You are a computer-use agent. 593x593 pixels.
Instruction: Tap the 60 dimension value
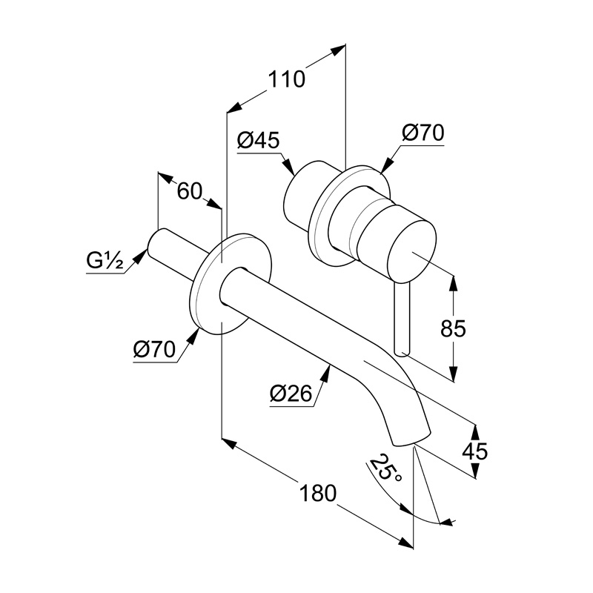pos(189,191)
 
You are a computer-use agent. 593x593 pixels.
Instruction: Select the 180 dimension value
pos(317,492)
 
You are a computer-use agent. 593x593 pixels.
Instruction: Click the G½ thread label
pos(103,261)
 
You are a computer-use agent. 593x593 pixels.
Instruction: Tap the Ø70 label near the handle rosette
pos(423,133)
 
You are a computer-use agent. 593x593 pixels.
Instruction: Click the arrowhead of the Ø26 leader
pos(329,368)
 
